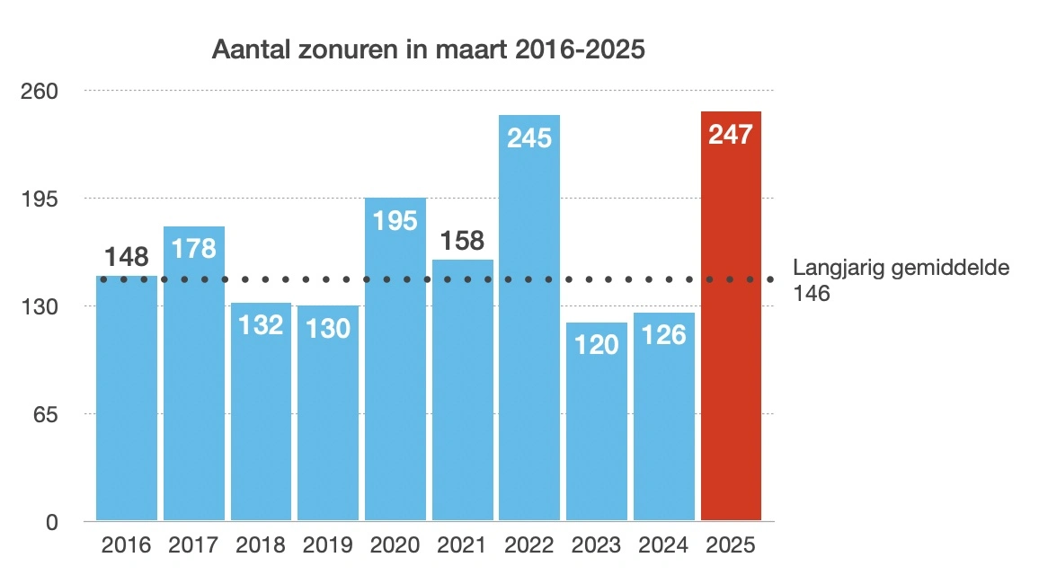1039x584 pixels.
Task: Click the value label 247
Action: tap(731, 135)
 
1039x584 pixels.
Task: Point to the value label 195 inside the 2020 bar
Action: tap(395, 220)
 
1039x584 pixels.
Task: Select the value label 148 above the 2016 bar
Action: tap(127, 257)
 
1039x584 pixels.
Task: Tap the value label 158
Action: tap(463, 241)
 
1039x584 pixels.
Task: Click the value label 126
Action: tap(664, 335)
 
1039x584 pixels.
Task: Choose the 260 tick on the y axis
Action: tap(40, 92)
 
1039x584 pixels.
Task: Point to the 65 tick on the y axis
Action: tap(47, 414)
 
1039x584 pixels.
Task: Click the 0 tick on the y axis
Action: tap(52, 522)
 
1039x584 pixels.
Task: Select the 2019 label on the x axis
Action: tap(328, 545)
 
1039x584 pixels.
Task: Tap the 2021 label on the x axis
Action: tap(463, 545)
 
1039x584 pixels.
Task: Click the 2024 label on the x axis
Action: tap(664, 545)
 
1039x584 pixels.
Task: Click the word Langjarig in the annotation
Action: tap(827, 268)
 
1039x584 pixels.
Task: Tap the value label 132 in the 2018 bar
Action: tap(262, 324)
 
